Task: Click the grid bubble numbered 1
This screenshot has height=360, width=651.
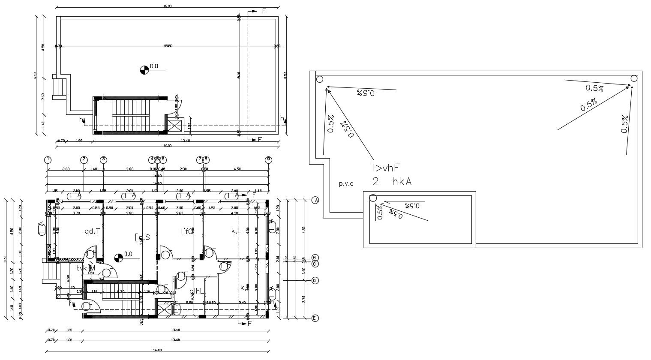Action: (x=48, y=160)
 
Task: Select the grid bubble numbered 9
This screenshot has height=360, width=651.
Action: (x=269, y=160)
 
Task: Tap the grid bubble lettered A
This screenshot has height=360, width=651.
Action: (x=315, y=200)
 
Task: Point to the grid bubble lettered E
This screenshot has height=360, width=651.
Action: (x=315, y=318)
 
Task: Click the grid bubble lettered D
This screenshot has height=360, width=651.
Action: (x=315, y=281)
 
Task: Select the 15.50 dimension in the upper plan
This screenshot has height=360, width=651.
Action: (x=168, y=46)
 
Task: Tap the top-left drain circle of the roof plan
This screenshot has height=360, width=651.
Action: (x=320, y=79)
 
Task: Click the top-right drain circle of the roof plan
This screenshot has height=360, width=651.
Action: (x=634, y=78)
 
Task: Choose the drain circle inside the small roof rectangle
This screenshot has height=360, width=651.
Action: (x=373, y=198)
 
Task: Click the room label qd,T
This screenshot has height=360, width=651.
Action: (x=92, y=231)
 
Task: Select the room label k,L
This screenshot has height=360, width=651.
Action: (x=237, y=231)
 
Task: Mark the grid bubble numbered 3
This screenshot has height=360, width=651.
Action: (x=103, y=160)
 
